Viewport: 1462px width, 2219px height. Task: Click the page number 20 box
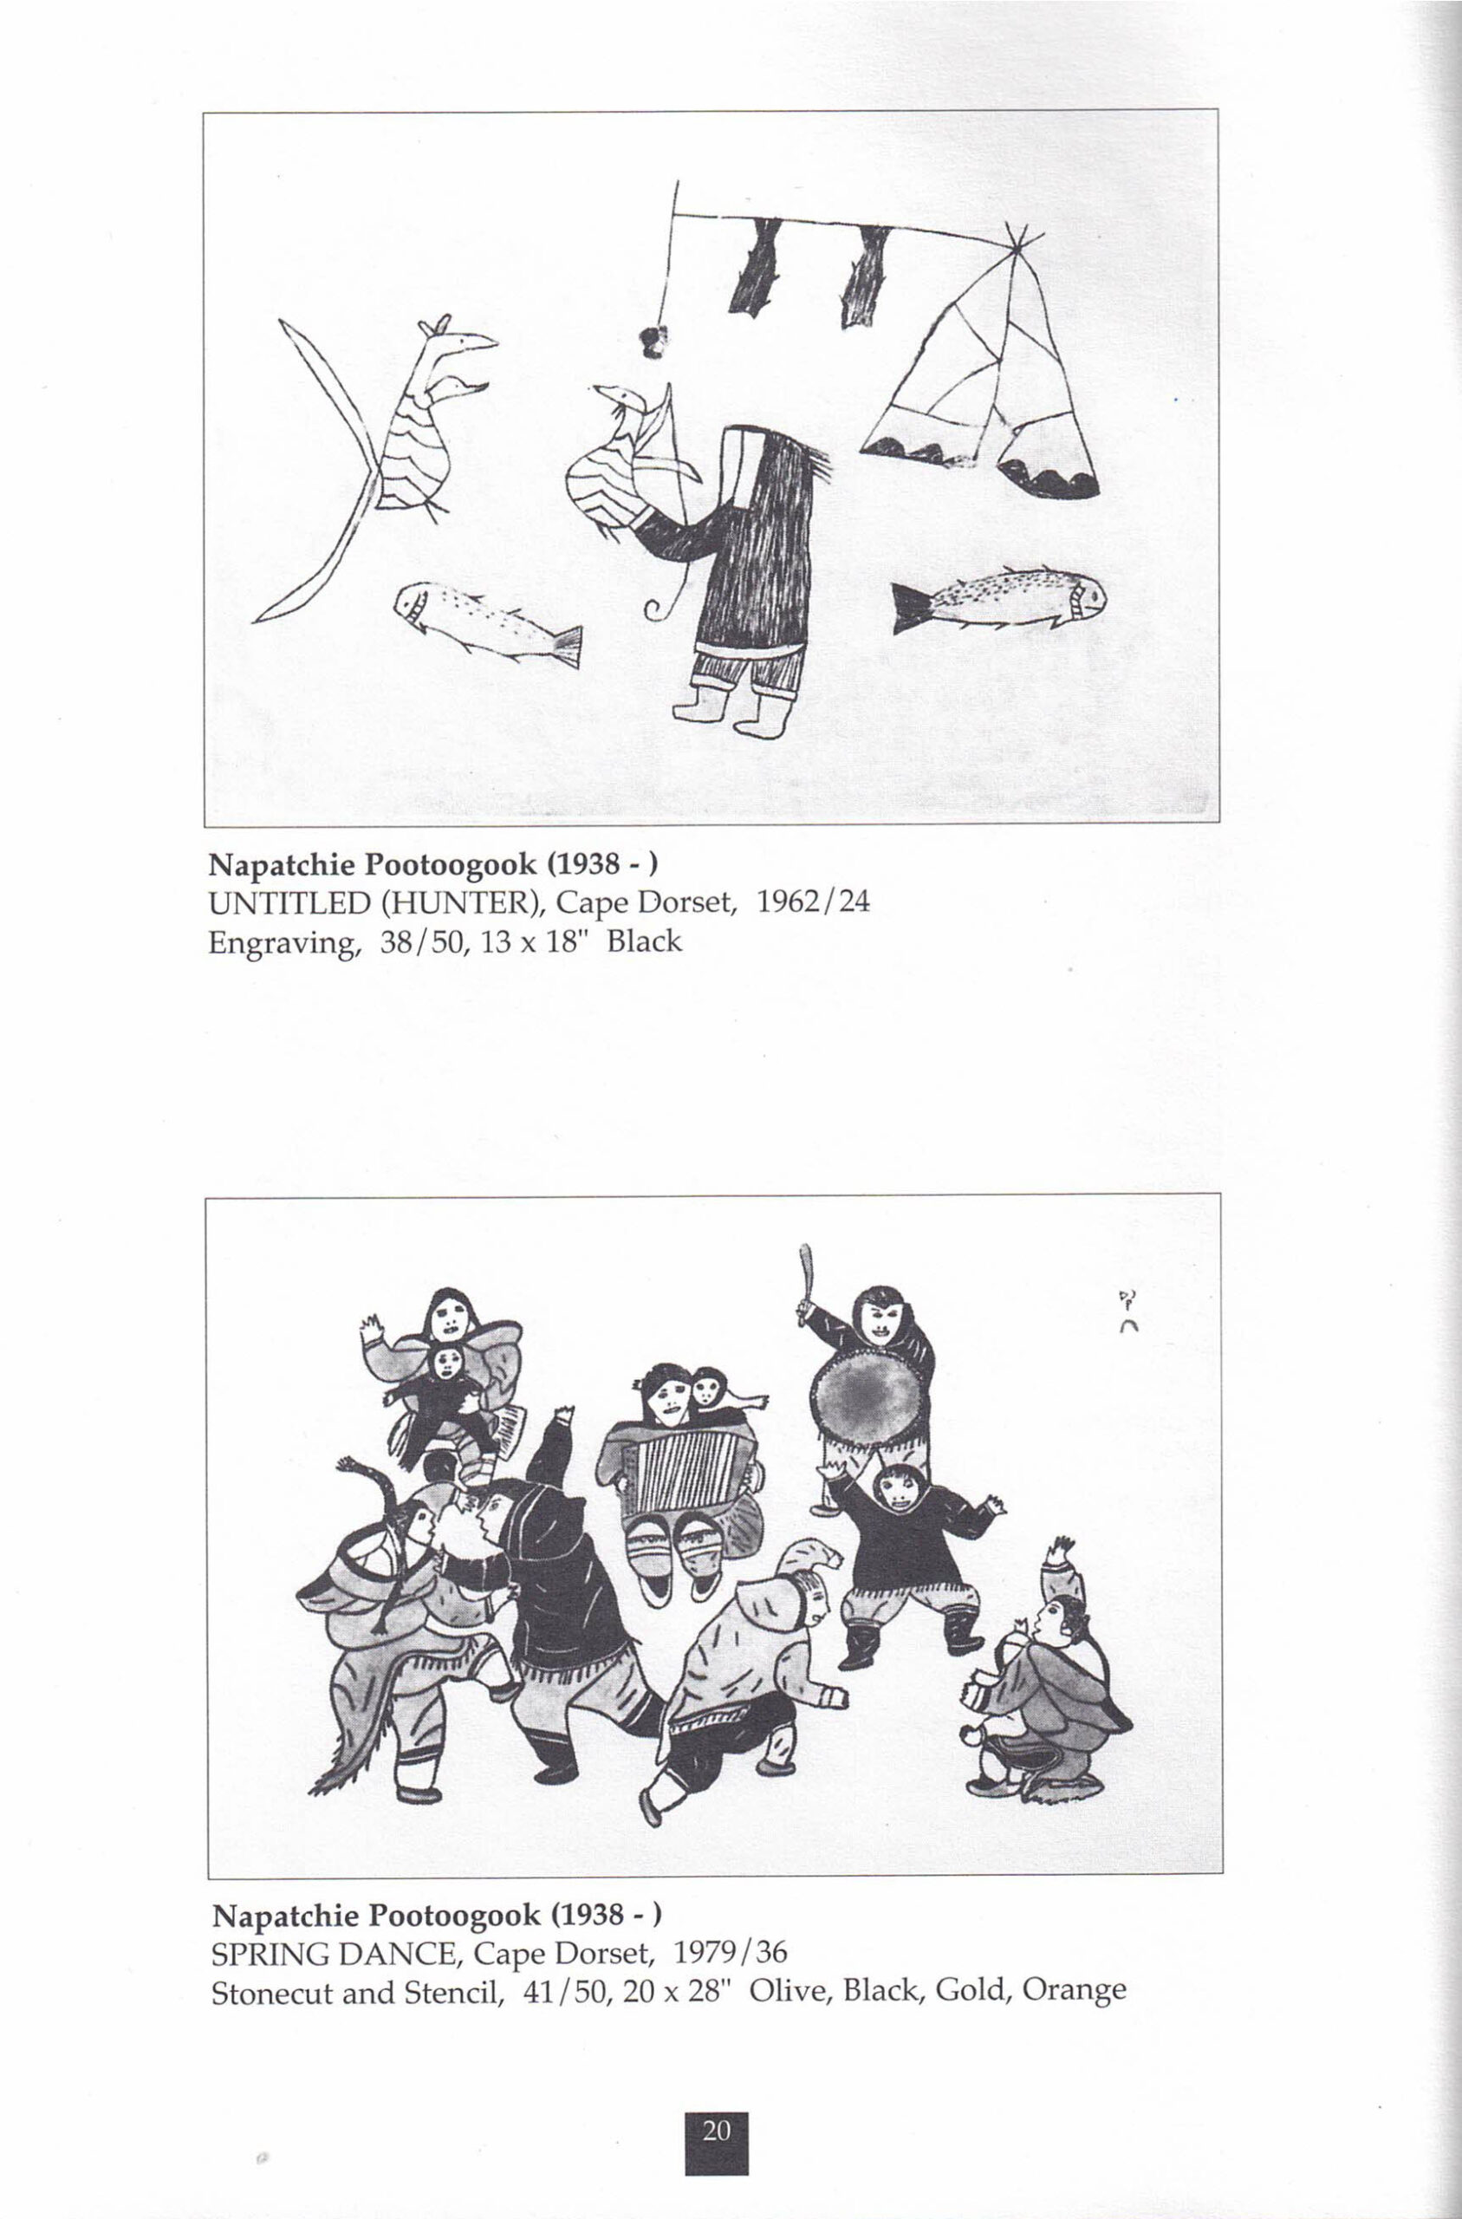tap(716, 2131)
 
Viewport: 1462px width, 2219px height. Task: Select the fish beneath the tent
tap(998, 599)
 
